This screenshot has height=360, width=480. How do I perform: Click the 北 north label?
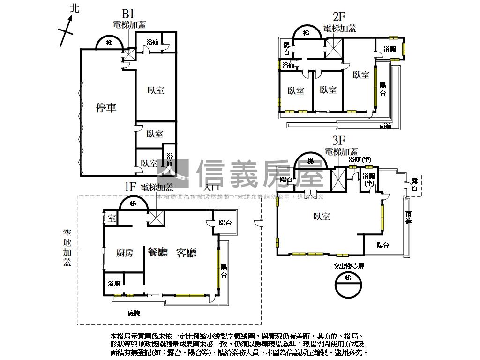(74, 8)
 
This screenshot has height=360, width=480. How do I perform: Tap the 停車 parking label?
(106, 108)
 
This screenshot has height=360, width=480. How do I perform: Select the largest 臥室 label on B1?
(156, 90)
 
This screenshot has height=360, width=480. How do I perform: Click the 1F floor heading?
(130, 187)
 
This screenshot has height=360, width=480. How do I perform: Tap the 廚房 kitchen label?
(125, 253)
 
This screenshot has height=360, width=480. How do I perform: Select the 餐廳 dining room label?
(157, 253)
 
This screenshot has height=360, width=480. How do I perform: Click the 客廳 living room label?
(186, 253)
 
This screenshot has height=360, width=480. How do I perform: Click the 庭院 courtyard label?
(134, 313)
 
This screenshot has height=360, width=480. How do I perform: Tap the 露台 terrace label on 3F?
(414, 185)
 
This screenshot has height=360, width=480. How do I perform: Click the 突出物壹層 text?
(349, 266)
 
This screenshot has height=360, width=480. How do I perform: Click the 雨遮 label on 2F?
(385, 126)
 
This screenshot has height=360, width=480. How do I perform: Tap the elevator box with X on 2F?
(334, 48)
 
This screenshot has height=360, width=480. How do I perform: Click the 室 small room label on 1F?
(111, 218)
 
